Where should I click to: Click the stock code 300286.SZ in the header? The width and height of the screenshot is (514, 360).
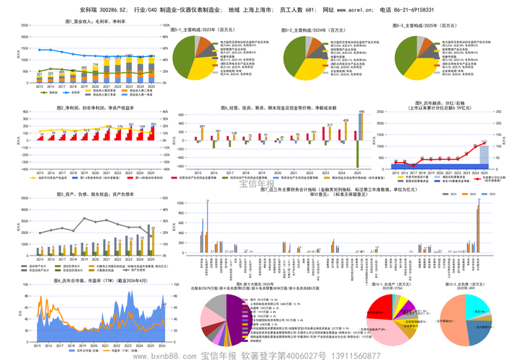[114, 11]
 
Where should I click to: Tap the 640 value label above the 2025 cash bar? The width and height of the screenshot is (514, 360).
[361, 112]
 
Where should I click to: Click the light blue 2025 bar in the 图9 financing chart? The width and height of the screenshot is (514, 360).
[484, 158]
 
